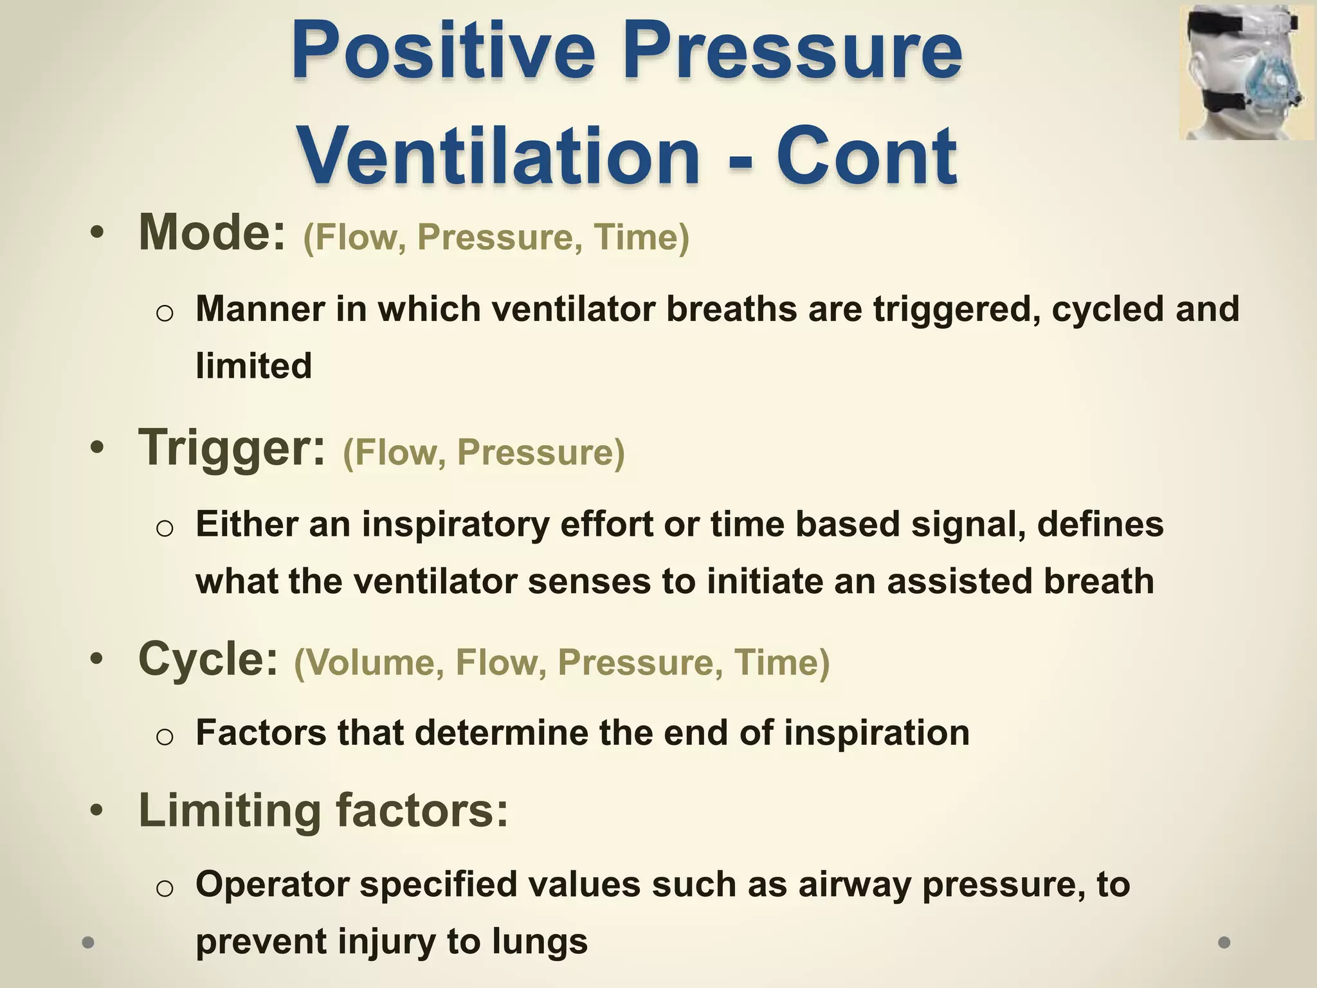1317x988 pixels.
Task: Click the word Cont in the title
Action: click(867, 156)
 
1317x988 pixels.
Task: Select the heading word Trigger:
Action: click(232, 448)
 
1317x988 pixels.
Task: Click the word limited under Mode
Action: click(253, 365)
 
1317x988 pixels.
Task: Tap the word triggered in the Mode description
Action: click(956, 309)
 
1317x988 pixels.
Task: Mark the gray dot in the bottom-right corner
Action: click(1224, 942)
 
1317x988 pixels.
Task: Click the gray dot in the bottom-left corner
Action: click(89, 942)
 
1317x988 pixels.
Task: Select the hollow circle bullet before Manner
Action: click(165, 313)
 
